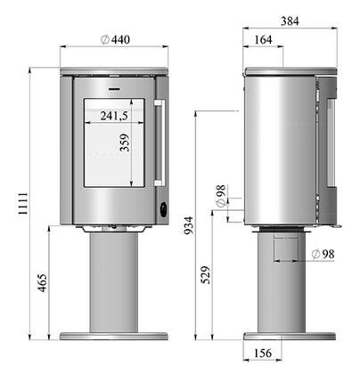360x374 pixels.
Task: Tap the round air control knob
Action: (162, 208)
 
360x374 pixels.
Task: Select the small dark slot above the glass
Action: (113, 89)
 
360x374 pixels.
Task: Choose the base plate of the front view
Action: (114, 337)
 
